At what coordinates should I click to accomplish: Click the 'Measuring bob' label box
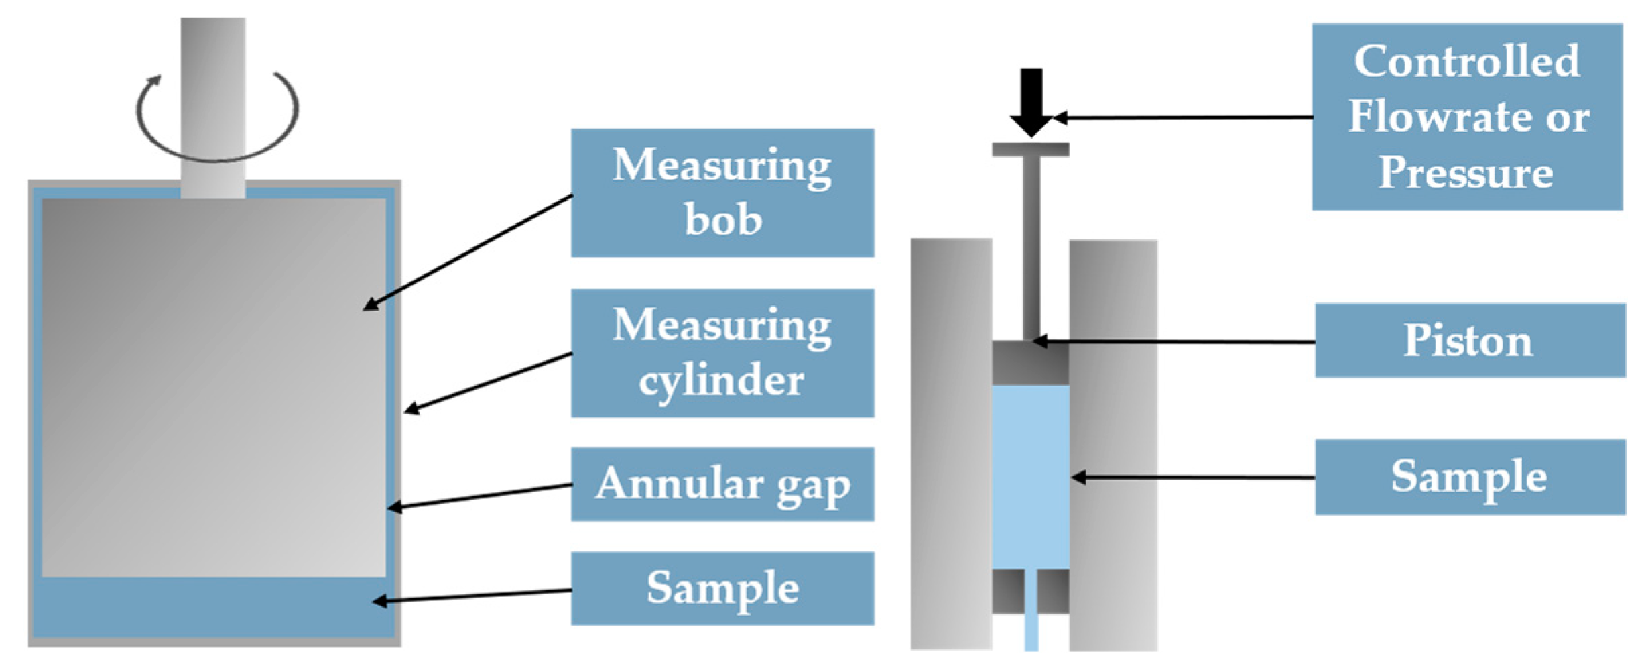722,193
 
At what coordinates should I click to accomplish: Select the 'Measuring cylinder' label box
722,353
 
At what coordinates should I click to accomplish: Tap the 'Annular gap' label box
722,484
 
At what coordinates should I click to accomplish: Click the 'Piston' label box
1469,341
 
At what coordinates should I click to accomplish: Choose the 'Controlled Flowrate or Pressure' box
1466,117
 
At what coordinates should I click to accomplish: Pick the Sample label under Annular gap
722,589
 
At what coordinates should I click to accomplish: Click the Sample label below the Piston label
1469,478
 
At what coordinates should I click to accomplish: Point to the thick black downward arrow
1031,101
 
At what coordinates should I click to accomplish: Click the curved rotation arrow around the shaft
216,156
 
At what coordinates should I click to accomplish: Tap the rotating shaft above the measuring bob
212,101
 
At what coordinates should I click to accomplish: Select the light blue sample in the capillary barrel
1030,476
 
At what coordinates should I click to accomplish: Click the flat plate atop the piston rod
1030,150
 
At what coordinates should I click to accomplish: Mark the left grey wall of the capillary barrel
950,443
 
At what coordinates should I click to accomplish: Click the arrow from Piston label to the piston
1173,342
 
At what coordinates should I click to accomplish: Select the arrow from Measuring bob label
469,252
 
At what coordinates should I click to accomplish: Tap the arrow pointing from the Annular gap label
479,496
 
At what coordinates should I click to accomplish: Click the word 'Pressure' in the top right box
1465,173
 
